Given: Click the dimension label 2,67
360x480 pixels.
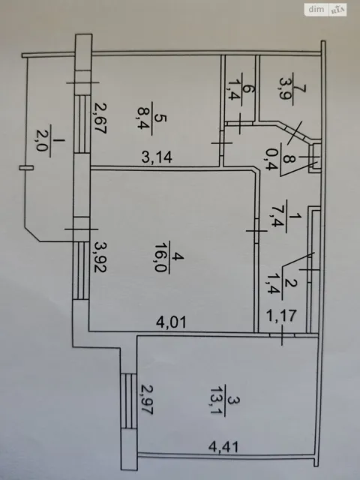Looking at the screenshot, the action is (100, 118).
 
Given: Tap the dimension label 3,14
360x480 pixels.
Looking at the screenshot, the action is (157, 157).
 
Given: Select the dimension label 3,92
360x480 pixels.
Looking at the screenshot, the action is (100, 256).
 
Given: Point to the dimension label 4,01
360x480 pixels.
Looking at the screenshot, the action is (171, 322).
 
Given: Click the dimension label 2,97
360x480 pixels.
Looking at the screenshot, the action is (146, 400).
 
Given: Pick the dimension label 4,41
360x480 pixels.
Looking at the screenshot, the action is (223, 447).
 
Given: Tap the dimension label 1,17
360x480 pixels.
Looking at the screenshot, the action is (282, 316).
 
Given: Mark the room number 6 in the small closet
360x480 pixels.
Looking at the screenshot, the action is (248, 89).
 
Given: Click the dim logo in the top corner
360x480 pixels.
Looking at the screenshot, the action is (316, 10).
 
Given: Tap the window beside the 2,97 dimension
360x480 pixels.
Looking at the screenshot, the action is (128, 400).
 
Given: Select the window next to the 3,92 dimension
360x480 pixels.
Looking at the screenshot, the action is (81, 270).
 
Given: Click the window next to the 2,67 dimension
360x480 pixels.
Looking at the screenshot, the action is (82, 124).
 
